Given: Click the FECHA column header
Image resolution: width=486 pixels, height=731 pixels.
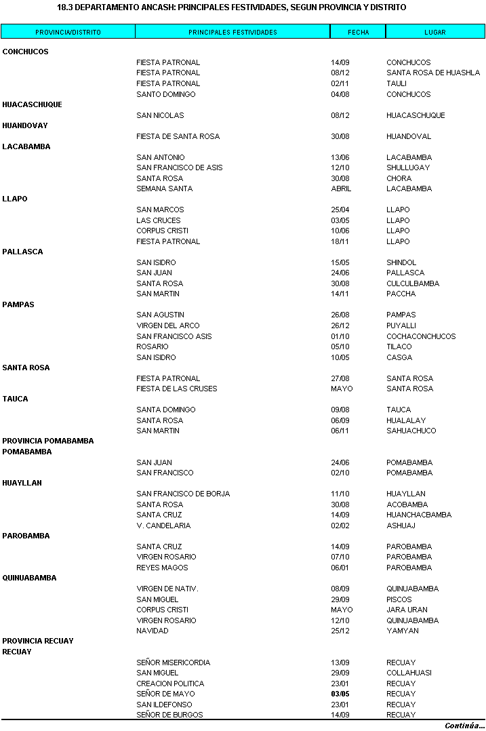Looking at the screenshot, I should [x=358, y=32].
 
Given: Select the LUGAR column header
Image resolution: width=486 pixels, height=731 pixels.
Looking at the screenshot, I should [x=435, y=32].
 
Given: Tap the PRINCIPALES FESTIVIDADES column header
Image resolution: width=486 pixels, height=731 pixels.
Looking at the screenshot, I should [x=232, y=32].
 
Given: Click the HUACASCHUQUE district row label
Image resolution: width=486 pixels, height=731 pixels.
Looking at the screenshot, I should [x=32, y=104].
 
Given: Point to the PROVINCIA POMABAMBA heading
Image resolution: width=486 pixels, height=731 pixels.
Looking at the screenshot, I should [x=48, y=441].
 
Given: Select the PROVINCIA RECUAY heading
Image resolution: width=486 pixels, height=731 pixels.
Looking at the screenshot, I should [x=38, y=641].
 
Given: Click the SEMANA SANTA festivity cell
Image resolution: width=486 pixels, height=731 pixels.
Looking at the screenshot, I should [x=164, y=189].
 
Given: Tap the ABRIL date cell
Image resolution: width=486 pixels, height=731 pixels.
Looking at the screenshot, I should [x=341, y=189].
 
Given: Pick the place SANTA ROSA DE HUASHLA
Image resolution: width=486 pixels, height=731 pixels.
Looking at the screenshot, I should [x=433, y=73].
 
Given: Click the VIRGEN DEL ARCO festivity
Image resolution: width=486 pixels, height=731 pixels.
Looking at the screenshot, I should [x=168, y=325].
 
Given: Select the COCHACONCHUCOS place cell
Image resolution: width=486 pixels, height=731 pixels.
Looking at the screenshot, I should [x=421, y=336].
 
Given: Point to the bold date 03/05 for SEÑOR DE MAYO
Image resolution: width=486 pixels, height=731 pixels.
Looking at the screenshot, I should [x=340, y=694].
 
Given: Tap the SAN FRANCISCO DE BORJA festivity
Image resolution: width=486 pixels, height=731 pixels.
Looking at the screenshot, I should [x=183, y=494].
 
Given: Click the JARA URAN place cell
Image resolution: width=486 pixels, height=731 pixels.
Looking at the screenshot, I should [x=407, y=610].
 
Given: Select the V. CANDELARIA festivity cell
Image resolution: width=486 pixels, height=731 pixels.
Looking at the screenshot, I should [x=163, y=526].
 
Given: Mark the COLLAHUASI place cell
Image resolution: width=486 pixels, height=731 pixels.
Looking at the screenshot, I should [x=409, y=673].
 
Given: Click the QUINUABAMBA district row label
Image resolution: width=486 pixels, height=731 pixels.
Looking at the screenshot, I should [x=29, y=578].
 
